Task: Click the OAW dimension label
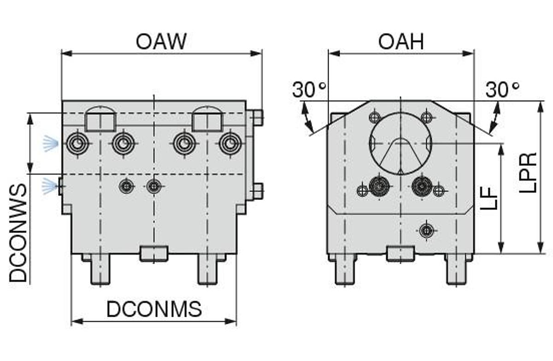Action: [161, 41]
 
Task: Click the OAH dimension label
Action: [400, 41]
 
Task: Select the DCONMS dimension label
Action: [154, 309]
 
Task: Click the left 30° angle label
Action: [309, 90]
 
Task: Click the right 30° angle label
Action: [503, 90]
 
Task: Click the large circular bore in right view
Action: [400, 143]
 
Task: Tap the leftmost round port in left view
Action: [77, 144]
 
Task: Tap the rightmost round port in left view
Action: [229, 144]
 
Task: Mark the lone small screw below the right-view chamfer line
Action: [426, 229]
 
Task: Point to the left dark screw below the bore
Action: [379, 186]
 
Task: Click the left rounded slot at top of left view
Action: [100, 118]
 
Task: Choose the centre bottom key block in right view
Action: [400, 253]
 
